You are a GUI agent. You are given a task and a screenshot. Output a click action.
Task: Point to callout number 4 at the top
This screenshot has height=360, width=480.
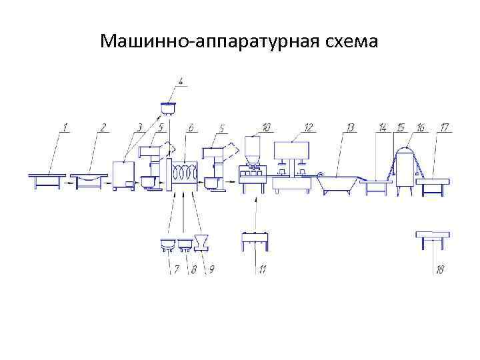[181, 83]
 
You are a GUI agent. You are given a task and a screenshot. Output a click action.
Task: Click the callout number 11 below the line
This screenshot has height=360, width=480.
[263, 269]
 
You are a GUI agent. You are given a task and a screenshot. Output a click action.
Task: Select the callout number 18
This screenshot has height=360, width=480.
[440, 269]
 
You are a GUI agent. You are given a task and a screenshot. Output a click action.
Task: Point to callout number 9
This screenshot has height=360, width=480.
[211, 269]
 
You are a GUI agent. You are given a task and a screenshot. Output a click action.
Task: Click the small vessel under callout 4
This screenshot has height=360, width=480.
[169, 107]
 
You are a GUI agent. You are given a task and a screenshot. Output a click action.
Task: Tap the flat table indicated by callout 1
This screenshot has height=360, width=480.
[47, 177]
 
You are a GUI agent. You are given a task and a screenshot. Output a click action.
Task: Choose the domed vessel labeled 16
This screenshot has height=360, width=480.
[404, 167]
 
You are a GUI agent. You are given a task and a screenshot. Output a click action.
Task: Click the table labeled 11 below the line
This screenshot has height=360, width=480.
[255, 237]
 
